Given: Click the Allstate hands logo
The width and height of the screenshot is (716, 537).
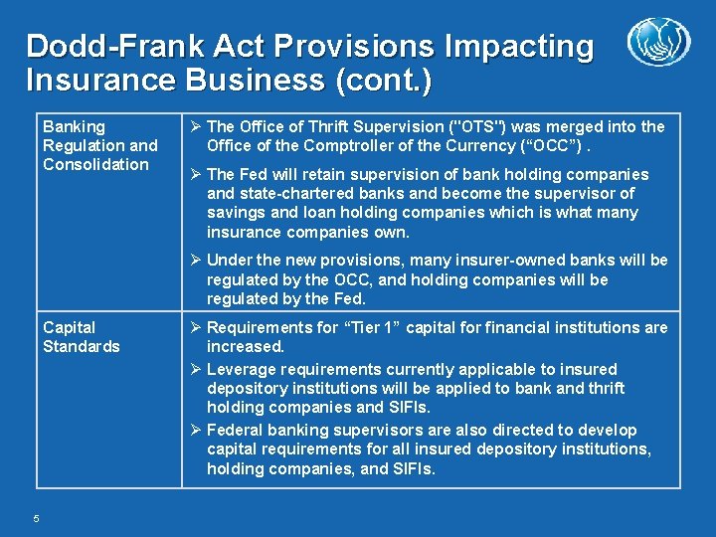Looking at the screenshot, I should point(658,44).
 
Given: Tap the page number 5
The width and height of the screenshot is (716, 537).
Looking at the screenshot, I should point(36,517).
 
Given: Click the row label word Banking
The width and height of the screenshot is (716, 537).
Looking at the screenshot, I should point(74,126).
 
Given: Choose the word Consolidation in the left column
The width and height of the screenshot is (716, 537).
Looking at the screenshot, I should point(95,164).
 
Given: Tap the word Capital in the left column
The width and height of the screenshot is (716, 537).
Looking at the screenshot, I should point(70,327).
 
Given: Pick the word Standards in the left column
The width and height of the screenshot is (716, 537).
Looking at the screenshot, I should point(81,346).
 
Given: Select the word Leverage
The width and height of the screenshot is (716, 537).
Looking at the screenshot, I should point(243,369).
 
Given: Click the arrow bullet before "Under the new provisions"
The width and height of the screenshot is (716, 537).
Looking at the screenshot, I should point(195,261).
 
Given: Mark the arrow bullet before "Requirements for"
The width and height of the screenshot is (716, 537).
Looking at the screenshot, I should point(195,327).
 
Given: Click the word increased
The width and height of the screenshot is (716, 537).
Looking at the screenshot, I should point(246,346).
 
